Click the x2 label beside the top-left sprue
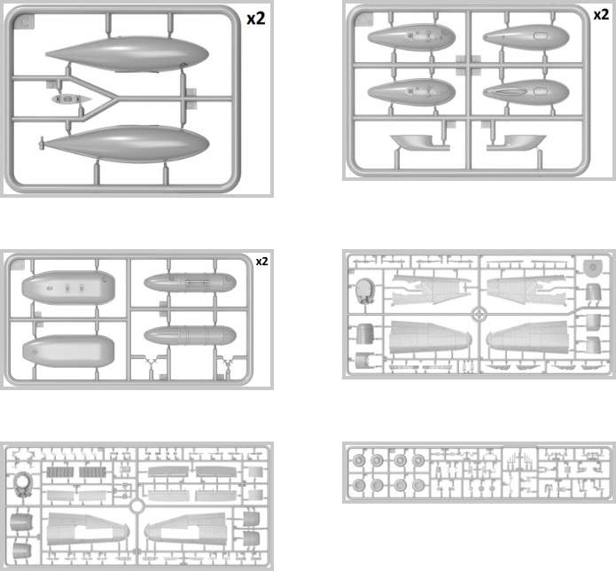coord(256,19)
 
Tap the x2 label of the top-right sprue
coord(601,14)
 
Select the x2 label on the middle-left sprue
coord(262,262)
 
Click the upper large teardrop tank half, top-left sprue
coord(128,54)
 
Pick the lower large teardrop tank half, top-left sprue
coord(126,144)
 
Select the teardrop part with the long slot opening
coord(526,92)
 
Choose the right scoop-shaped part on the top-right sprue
coord(523,142)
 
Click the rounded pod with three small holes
coord(68,287)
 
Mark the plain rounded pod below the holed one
coord(68,351)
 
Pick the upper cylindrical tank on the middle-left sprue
coord(191,283)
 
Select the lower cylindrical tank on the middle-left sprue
coord(191,335)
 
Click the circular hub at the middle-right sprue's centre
coord(479,314)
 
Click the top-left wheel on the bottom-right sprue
coord(359,460)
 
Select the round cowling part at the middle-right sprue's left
coord(364,291)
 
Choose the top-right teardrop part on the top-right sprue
coord(526,37)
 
